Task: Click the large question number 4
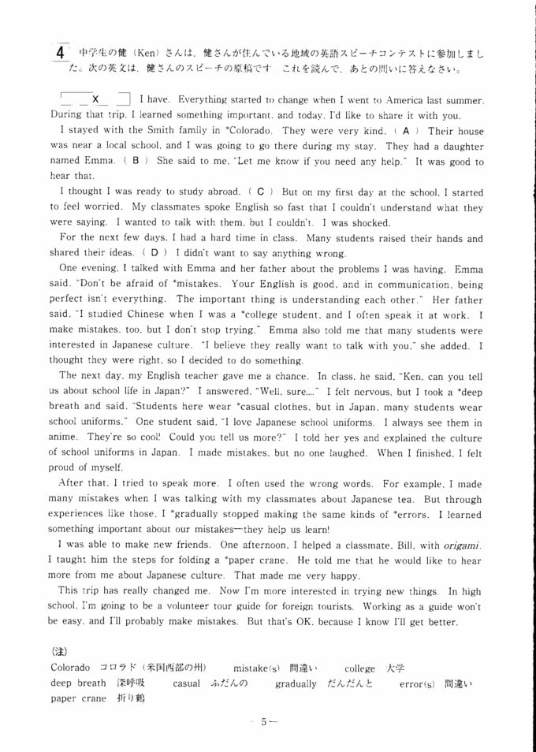pyautogui.click(x=61, y=53)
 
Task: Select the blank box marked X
pyautogui.click(x=95, y=99)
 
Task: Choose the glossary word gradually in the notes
pyautogui.click(x=296, y=683)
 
